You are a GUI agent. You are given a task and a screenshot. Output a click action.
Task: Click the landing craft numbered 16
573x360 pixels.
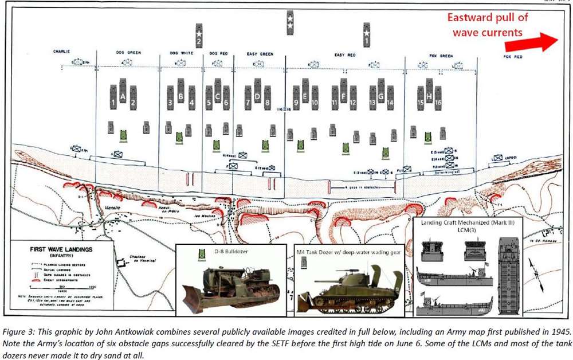point(439,103)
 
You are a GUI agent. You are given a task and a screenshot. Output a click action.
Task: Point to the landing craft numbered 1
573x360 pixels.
point(113,103)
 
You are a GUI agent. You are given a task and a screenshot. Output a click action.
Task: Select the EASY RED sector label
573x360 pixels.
point(344,54)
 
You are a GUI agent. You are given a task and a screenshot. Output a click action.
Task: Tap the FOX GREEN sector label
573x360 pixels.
point(441,56)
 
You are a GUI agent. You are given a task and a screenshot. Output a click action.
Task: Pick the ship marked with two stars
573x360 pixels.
point(291,23)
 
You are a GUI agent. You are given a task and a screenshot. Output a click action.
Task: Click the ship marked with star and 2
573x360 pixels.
point(199,36)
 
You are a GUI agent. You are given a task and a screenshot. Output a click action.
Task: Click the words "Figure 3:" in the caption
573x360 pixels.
point(17,331)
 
